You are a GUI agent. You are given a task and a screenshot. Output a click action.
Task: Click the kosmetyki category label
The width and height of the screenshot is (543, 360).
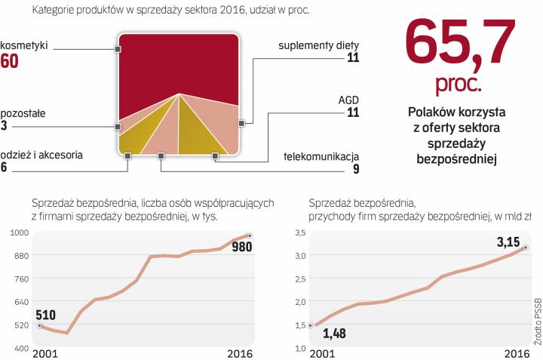click(24, 45)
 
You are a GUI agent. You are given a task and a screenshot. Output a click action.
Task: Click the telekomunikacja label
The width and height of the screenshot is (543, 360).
click(321, 157)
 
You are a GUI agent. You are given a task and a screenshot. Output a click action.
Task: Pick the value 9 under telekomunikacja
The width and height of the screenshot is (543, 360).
click(355, 169)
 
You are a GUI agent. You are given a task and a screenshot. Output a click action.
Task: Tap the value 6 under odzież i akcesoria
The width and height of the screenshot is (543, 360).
click(5, 168)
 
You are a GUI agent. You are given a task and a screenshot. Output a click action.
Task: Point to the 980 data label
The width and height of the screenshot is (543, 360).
click(242, 247)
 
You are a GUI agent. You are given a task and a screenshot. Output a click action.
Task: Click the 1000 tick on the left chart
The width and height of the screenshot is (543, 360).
click(18, 232)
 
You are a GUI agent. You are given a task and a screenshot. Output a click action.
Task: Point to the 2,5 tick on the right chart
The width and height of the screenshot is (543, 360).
click(300, 278)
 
